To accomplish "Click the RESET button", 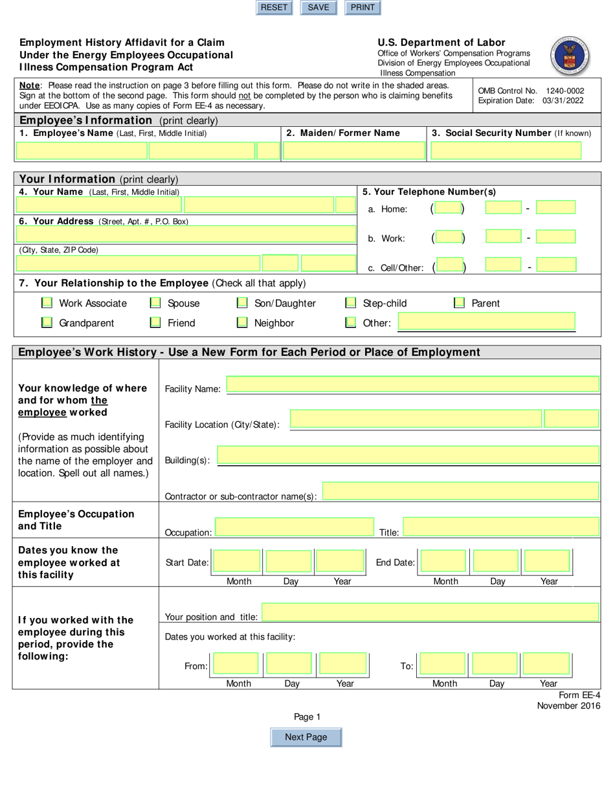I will [274, 8].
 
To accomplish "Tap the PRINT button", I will [363, 8].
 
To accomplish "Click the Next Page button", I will [306, 737].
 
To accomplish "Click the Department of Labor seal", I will [570, 56].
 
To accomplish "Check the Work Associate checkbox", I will [47, 303].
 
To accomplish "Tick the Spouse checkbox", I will [155, 303].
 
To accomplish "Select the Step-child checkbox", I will [351, 303].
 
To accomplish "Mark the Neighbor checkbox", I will [242, 322].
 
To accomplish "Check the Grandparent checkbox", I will [47, 322].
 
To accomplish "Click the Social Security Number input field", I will [506, 151].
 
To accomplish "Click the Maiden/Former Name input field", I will [354, 151].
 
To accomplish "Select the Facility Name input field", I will [412, 386].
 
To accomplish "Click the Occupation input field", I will [294, 528].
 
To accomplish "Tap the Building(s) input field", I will [408, 456].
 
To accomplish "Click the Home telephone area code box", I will [448, 208].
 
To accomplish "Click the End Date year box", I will [548, 562].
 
